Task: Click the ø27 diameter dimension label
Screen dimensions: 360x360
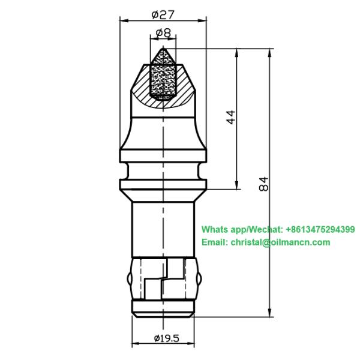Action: [163, 14]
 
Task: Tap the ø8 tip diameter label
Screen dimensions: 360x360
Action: [163, 33]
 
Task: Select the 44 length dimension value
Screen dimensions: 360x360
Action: [231, 117]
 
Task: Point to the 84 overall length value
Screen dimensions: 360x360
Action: [263, 184]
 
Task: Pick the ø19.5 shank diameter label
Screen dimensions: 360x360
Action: [166, 338]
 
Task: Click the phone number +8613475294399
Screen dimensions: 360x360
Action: [320, 229]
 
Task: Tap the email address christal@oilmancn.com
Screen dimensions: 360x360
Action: [280, 242]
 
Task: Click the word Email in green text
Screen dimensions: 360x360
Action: [215, 242]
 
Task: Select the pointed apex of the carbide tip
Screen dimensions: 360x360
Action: [163, 48]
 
